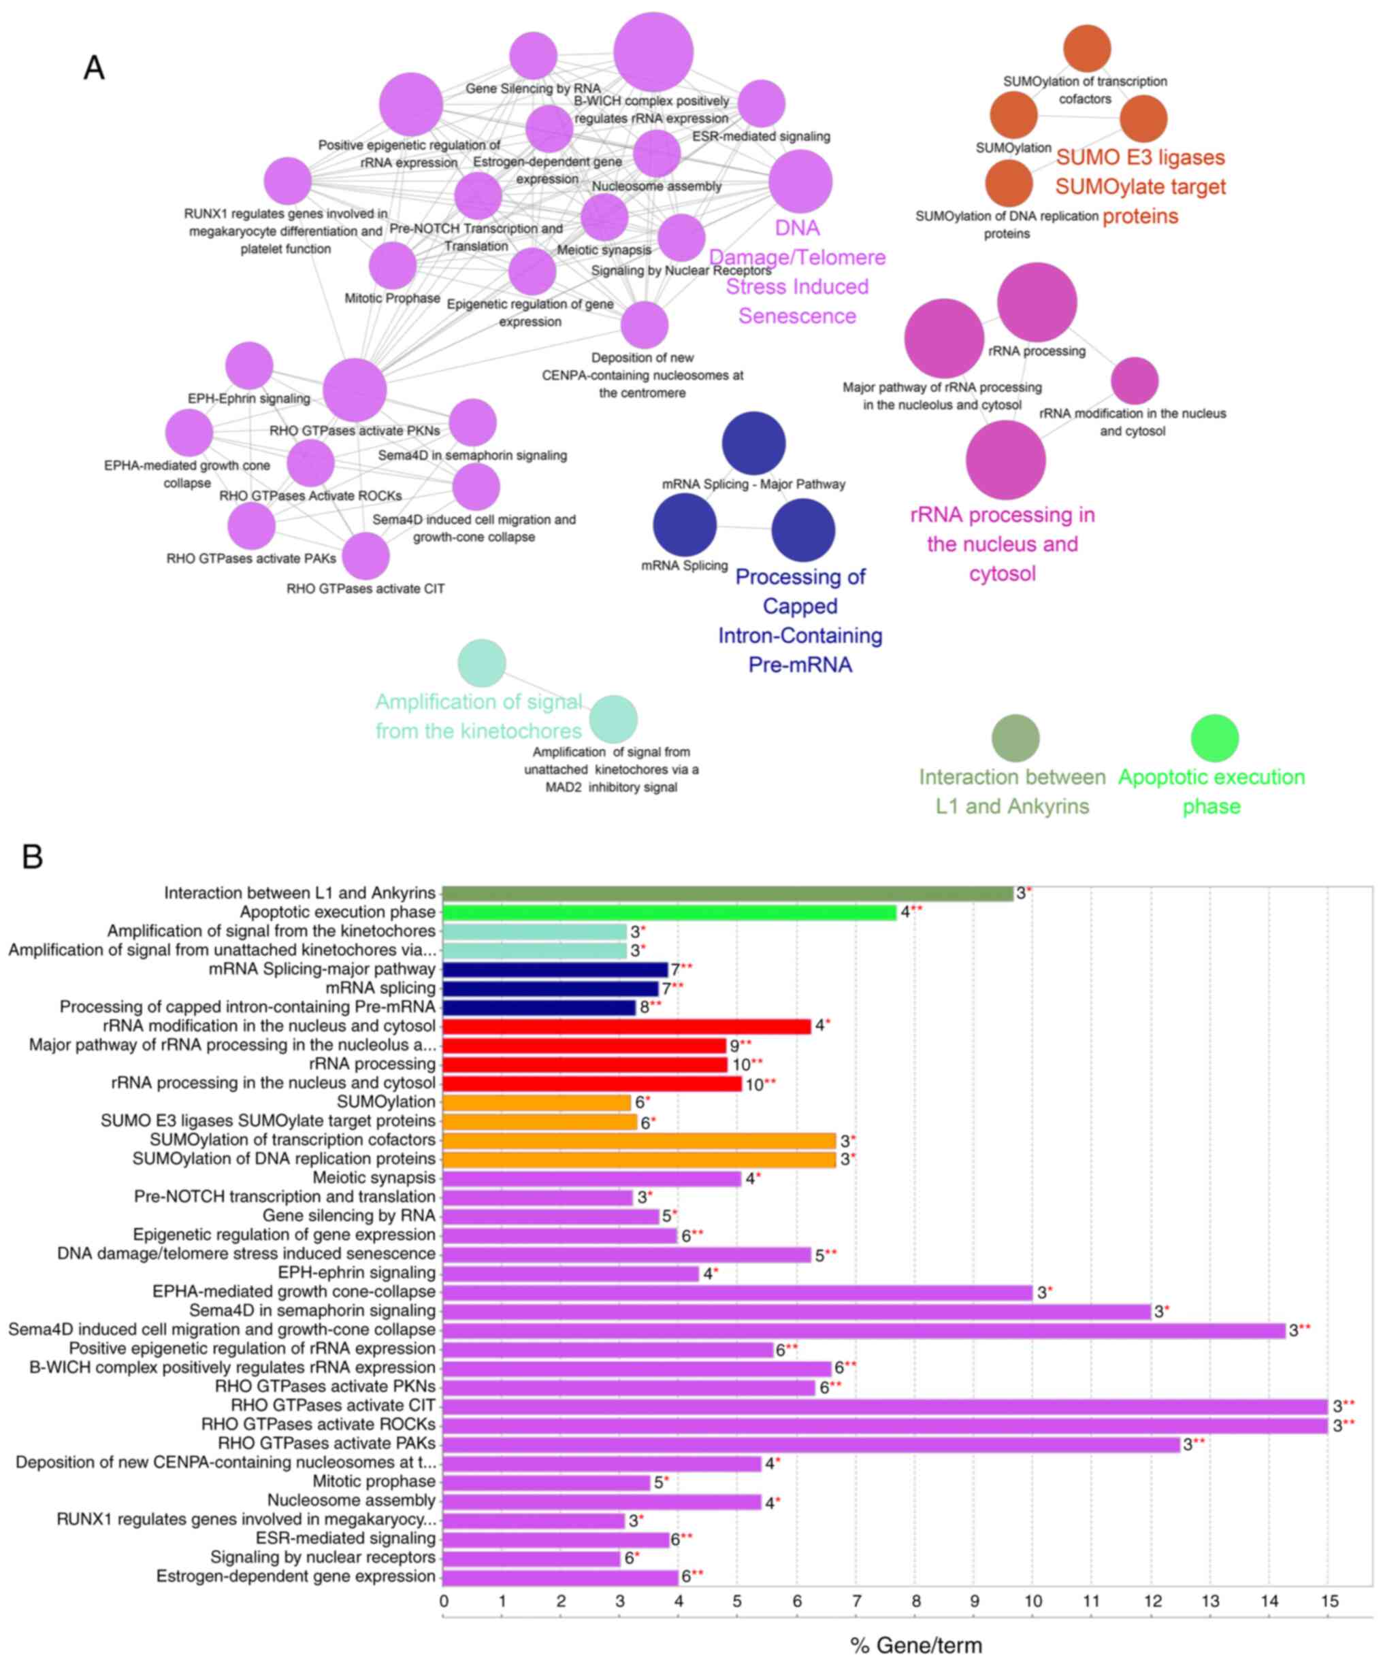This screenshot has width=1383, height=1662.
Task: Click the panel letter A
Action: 93,68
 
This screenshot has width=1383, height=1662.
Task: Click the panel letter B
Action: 32,857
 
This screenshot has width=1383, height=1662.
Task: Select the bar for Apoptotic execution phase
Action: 669,912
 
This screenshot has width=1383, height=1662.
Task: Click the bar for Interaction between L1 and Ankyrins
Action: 727,893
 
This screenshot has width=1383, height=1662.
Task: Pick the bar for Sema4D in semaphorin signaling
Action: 796,1312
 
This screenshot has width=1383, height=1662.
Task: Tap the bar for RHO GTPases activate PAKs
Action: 811,1444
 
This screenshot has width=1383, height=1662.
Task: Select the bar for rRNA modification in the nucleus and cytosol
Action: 626,1027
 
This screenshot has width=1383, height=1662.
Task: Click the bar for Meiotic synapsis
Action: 591,1178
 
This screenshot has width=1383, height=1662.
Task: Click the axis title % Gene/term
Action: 916,1646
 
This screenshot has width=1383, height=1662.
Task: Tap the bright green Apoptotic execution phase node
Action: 1214,737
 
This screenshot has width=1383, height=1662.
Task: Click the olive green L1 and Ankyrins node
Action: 1015,737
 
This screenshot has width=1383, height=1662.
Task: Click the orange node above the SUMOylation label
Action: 1013,114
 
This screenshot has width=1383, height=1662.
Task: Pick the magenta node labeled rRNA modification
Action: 1134,381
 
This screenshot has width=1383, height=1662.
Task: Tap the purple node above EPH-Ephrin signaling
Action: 249,365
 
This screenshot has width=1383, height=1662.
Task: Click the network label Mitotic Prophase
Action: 392,299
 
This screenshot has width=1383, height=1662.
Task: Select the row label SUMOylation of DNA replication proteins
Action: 283,1159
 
